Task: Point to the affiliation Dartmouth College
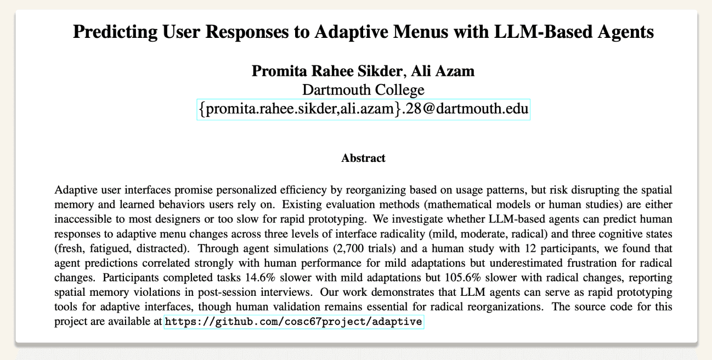click(x=363, y=89)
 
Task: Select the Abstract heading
click(x=363, y=159)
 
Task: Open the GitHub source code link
click(x=294, y=322)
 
